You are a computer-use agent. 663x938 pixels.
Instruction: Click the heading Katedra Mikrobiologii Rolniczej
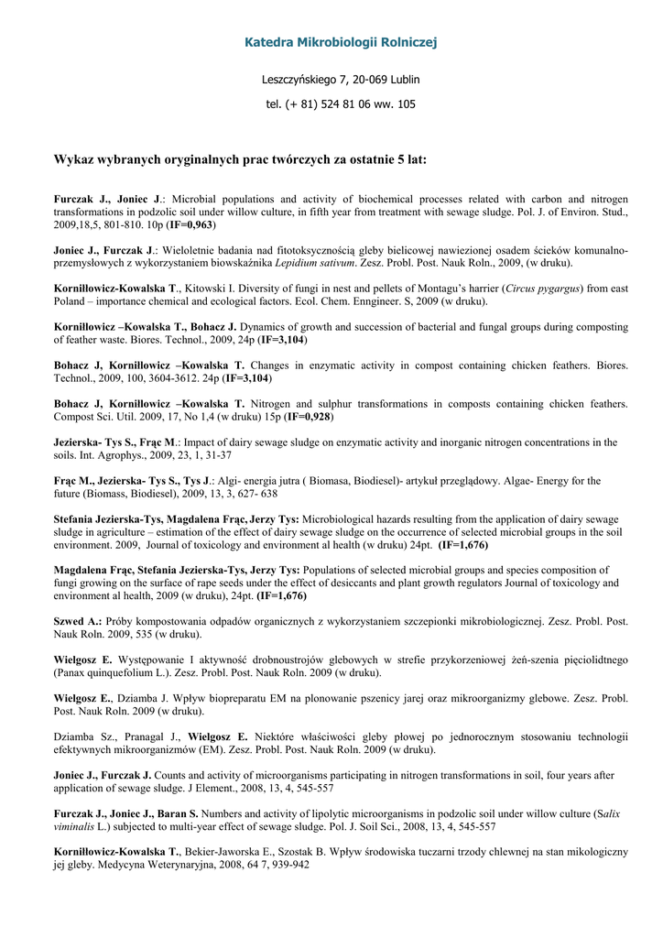[341, 42]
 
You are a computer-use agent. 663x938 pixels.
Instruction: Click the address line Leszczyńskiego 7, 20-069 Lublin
[341, 80]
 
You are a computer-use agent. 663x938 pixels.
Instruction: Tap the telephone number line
[341, 104]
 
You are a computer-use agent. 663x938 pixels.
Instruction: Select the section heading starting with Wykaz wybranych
[240, 159]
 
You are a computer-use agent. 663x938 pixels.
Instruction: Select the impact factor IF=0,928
[310, 417]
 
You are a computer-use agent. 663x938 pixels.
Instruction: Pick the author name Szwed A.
[77, 621]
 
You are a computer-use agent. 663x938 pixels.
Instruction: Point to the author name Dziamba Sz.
[80, 736]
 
